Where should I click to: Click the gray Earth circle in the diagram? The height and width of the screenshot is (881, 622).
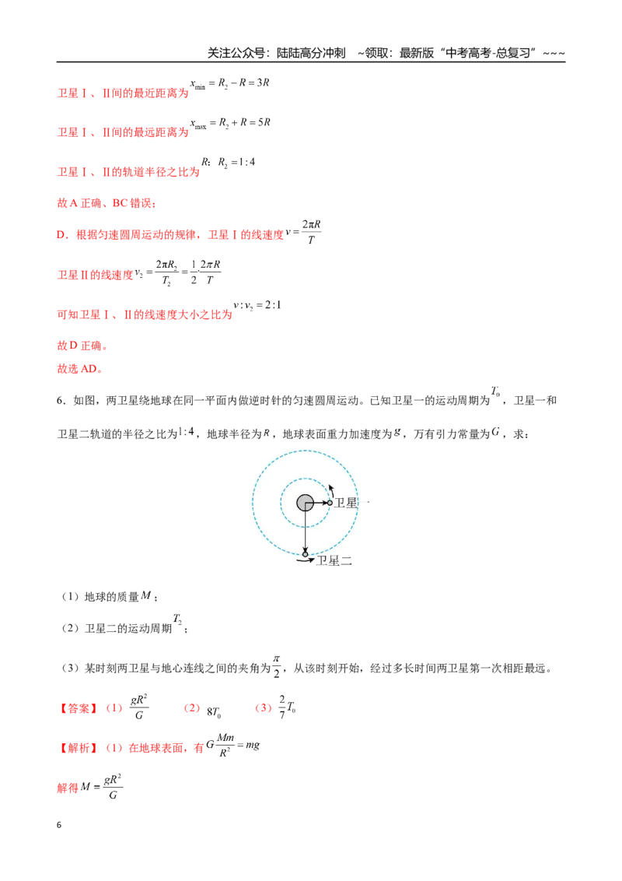(x=305, y=502)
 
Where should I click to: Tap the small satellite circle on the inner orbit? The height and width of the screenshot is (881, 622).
(x=330, y=503)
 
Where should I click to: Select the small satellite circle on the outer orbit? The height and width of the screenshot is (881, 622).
(x=306, y=554)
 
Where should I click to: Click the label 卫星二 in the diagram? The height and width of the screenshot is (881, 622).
(x=334, y=560)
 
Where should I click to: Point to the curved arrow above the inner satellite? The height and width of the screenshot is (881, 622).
(x=332, y=490)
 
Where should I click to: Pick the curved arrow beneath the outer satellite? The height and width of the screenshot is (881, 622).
(x=306, y=560)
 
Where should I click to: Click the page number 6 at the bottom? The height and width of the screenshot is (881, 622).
(x=59, y=825)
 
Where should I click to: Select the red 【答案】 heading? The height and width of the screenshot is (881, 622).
(x=79, y=708)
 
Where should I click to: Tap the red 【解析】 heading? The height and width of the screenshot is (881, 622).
(x=79, y=748)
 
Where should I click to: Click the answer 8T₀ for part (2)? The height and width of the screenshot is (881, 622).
(x=214, y=712)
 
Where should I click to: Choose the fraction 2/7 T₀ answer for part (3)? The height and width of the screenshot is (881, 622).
(x=287, y=707)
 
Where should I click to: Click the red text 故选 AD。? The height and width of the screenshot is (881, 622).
(x=80, y=369)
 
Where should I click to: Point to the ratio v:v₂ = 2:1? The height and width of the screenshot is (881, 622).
(x=257, y=306)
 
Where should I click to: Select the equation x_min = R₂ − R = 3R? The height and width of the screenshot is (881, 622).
(x=229, y=84)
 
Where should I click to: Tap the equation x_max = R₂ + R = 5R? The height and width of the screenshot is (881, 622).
(x=230, y=123)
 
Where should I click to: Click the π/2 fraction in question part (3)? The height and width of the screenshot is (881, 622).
(x=276, y=666)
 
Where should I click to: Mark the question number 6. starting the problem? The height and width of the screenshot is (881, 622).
(x=61, y=401)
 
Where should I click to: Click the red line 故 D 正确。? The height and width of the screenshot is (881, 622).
(x=82, y=346)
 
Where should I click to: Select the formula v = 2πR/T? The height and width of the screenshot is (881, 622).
(x=303, y=231)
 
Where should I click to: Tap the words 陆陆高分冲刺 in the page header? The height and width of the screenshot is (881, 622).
(x=311, y=53)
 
